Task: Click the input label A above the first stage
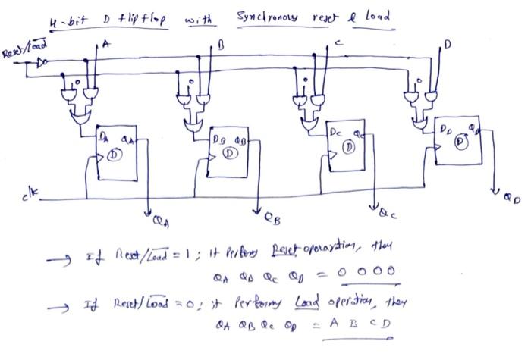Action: pyautogui.click(x=105, y=45)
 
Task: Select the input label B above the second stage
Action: pyautogui.click(x=221, y=47)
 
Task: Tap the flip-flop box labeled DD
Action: pyautogui.click(x=458, y=142)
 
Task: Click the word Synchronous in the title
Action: pyautogui.click(x=267, y=17)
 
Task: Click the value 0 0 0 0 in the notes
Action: pyautogui.click(x=369, y=271)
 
